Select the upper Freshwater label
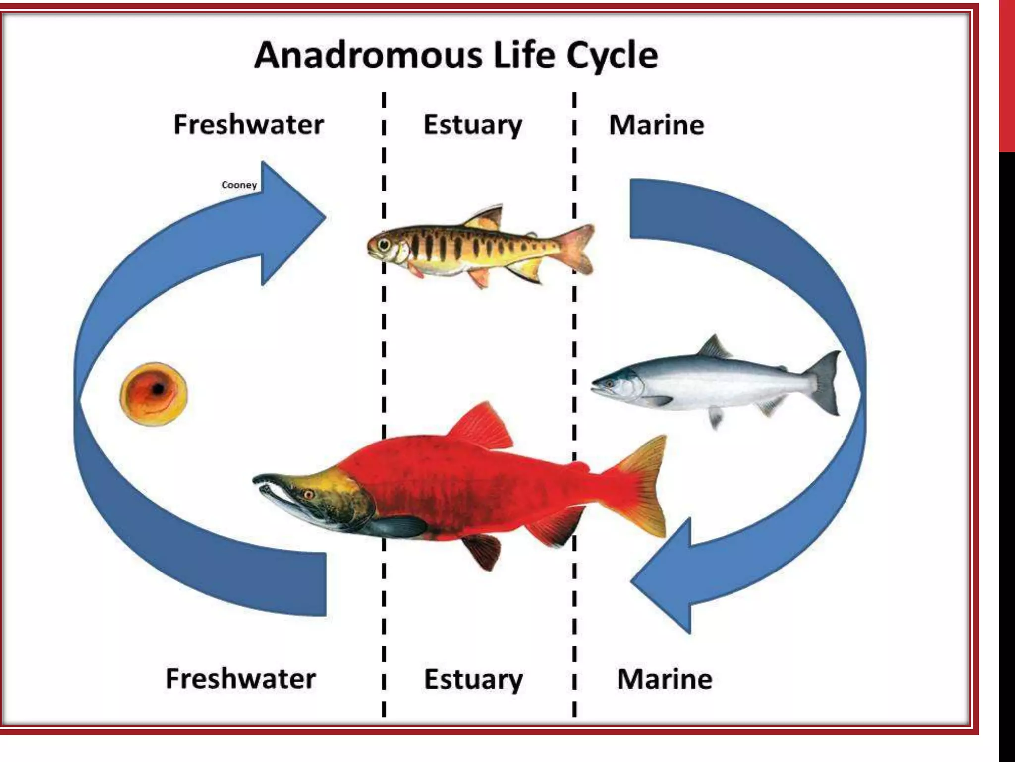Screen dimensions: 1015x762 point(248,124)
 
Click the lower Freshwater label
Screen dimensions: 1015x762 point(240,678)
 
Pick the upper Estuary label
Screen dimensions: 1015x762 point(473,125)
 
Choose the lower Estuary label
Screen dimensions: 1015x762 point(473,679)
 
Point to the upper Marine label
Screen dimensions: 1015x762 point(656,125)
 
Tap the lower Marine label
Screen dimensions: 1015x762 point(665,679)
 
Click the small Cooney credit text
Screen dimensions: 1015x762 point(239,185)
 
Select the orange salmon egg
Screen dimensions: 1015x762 point(154,393)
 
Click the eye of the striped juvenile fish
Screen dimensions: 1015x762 point(384,244)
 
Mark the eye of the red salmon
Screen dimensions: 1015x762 point(308,494)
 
